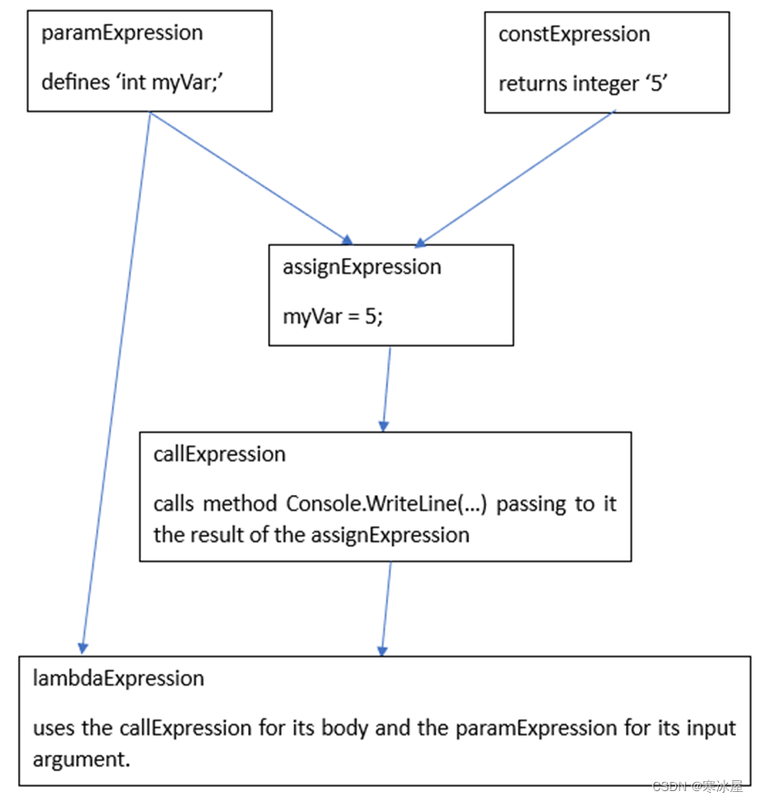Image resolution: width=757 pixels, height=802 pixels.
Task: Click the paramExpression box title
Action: [x=122, y=34]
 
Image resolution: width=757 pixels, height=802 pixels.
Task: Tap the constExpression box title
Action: [x=574, y=35]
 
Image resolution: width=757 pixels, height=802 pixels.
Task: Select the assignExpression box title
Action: [x=362, y=267]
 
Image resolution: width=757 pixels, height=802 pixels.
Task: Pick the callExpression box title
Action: [x=219, y=454]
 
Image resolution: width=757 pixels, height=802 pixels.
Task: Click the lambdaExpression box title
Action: [x=118, y=678]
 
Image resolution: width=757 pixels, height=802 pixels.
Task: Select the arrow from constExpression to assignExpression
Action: [x=515, y=178]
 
